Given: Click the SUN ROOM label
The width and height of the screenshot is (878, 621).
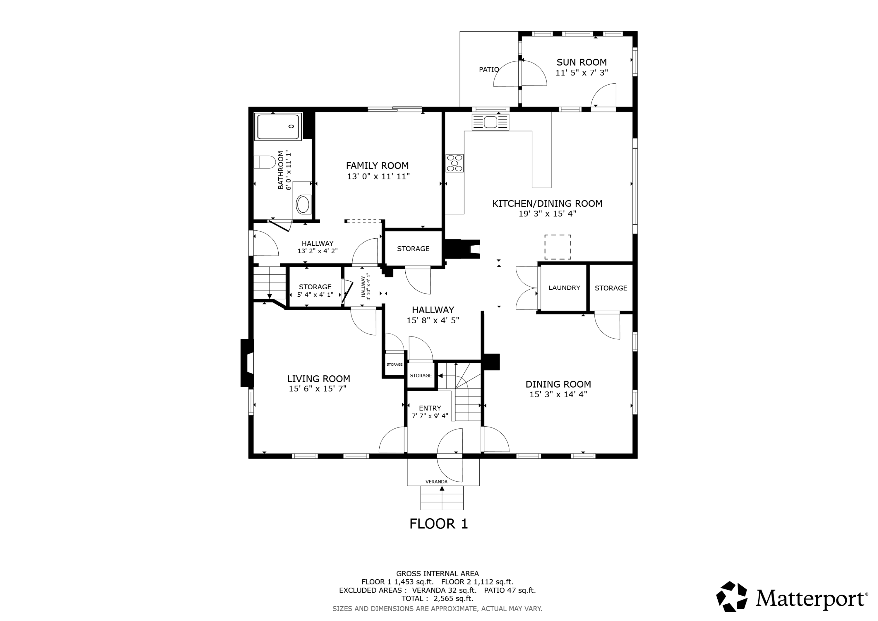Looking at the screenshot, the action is [581, 62].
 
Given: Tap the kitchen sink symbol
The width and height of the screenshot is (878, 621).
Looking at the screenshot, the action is [490, 122].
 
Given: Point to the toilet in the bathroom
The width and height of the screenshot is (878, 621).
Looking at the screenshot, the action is [265, 162].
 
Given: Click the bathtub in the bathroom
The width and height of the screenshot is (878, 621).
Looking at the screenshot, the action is [278, 127].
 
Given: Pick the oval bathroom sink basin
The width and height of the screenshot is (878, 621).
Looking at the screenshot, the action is [303, 204].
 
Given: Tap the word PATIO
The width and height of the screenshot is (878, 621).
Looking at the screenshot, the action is [489, 69].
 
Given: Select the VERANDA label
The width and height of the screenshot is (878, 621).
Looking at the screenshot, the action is [436, 482].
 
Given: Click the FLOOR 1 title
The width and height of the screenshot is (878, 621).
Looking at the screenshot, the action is [439, 524].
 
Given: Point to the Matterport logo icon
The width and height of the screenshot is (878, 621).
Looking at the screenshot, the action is [732, 597].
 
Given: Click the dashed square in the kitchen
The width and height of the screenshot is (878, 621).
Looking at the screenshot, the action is [558, 247].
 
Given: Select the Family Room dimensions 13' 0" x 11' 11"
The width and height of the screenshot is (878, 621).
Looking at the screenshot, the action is [378, 176].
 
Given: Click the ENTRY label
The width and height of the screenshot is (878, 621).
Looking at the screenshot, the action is [430, 408].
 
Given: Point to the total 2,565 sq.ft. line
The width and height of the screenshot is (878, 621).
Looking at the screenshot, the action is [437, 598].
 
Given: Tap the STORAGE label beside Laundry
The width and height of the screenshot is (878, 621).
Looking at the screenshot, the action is [611, 288].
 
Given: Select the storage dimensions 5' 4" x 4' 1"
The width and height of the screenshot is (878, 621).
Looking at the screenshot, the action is [315, 295].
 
